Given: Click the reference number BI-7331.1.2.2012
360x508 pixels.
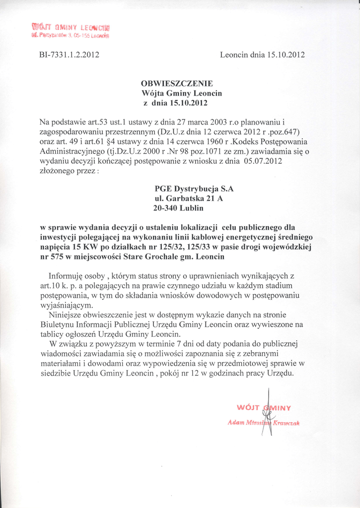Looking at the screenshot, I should pyautogui.click(x=69, y=55).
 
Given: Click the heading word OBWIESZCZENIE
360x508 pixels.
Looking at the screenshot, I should pyautogui.click(x=177, y=83).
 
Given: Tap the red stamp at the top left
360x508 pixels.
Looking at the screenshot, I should pyautogui.click(x=71, y=30).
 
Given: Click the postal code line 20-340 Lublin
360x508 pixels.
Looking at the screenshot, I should pyautogui.click(x=178, y=209).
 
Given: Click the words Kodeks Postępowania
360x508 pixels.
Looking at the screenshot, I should pyautogui.click(x=257, y=140).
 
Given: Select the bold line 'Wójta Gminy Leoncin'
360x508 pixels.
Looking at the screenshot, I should pyautogui.click(x=182, y=93).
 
